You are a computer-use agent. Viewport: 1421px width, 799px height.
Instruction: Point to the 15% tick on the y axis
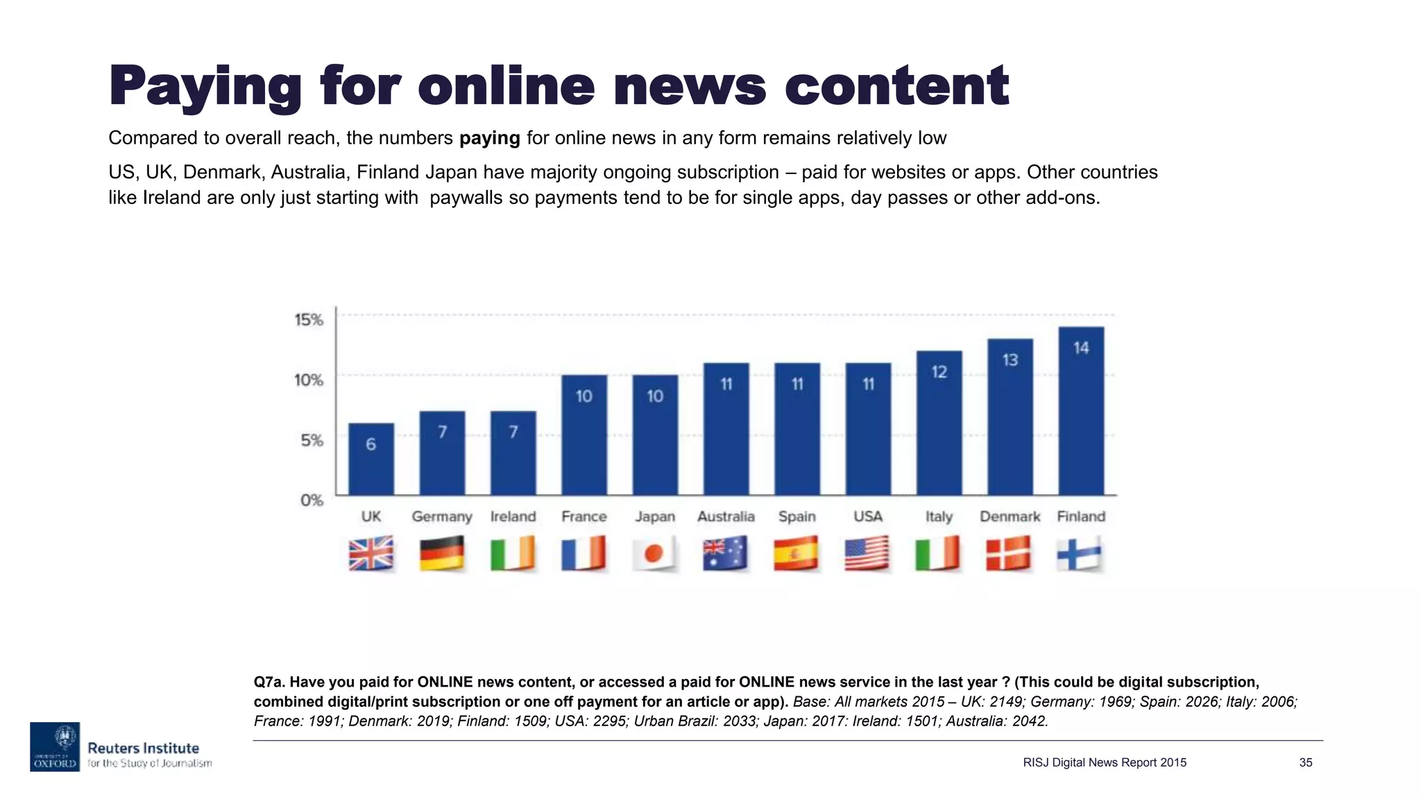click(x=309, y=320)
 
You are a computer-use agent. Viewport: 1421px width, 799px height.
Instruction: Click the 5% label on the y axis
click(x=312, y=440)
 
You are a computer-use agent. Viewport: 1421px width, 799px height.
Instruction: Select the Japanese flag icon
click(x=654, y=553)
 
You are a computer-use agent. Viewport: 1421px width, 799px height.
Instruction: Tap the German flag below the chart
click(x=442, y=553)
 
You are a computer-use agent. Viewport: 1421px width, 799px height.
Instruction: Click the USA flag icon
click(x=867, y=553)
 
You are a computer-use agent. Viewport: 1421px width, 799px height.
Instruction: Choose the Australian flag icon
click(x=726, y=553)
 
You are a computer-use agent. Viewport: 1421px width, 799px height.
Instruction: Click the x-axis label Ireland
click(x=513, y=517)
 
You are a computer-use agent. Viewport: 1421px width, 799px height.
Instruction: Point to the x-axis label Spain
click(x=797, y=517)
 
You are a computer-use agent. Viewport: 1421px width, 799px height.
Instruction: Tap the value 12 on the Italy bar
click(x=939, y=372)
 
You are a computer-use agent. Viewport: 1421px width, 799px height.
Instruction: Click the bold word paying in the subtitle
click(x=489, y=138)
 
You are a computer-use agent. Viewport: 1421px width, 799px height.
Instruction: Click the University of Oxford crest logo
click(x=55, y=746)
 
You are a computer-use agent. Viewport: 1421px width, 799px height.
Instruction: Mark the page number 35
click(x=1306, y=763)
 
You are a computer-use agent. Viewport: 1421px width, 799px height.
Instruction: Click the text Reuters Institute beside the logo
click(x=143, y=748)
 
